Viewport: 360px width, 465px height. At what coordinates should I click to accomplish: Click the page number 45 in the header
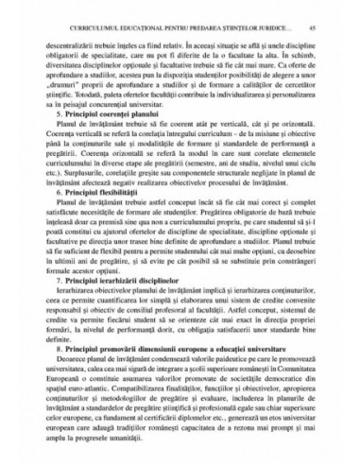point(312,29)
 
